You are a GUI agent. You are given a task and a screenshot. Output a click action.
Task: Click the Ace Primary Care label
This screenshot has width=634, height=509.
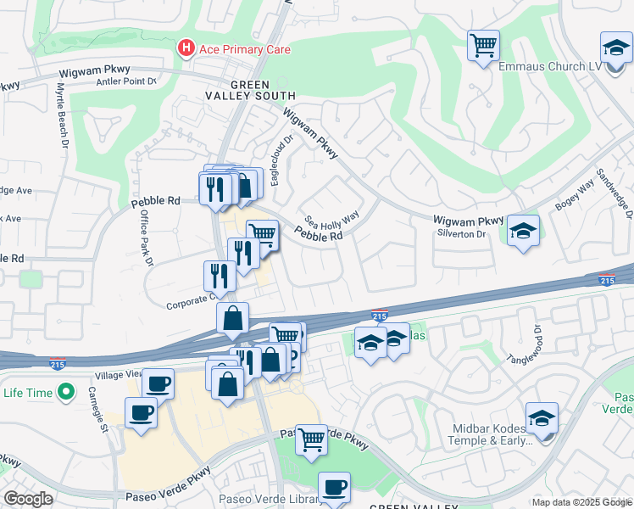244,49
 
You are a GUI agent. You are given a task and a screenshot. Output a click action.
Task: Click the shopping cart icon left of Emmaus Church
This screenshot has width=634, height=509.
483,44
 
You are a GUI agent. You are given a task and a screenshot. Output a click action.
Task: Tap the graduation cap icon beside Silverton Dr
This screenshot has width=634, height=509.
524,231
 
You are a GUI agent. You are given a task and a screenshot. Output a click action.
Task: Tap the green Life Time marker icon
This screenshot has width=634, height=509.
63,393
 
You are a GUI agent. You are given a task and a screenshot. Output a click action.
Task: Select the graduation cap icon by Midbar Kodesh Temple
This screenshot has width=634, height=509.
542,419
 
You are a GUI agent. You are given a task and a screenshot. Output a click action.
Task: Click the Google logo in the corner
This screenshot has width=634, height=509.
29,499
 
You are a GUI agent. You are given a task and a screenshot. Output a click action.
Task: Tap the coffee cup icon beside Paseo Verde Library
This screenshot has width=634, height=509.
334,488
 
